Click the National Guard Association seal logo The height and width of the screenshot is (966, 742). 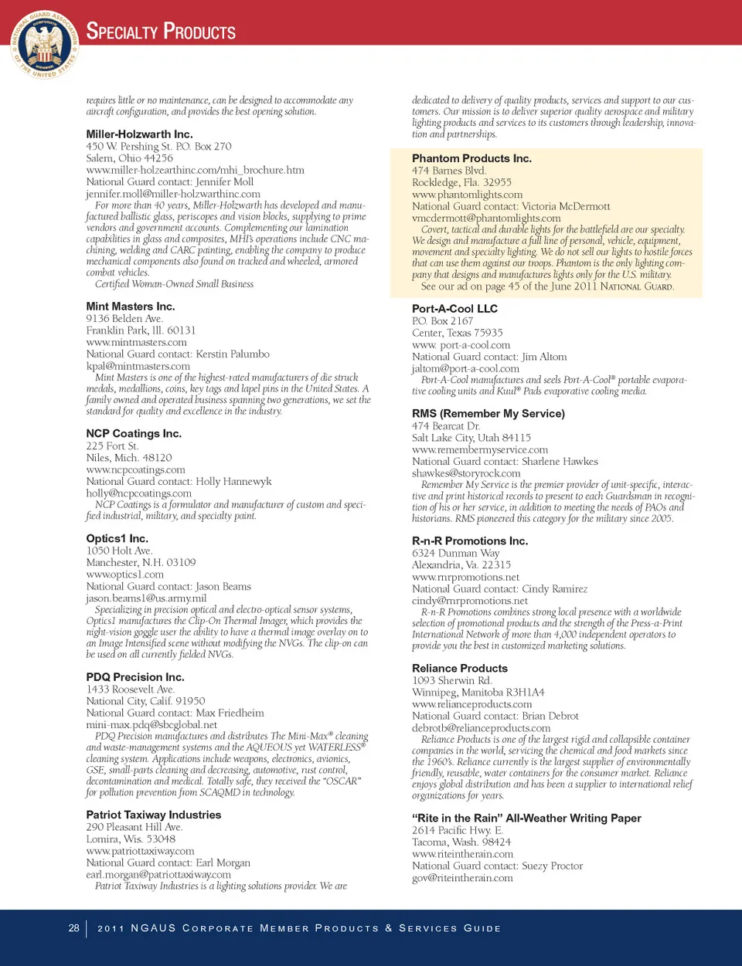tap(44, 44)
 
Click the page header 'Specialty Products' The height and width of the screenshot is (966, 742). tap(161, 32)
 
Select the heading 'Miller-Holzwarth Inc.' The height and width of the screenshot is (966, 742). tap(139, 134)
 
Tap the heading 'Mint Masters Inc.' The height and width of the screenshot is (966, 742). tap(131, 307)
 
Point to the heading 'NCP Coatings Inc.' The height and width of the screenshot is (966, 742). tap(134, 434)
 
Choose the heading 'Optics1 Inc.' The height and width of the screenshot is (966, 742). tap(117, 539)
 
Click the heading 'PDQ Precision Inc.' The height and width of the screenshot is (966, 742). tap(135, 677)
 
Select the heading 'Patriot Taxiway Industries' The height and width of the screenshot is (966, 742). tap(153, 815)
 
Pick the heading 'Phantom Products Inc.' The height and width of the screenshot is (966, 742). tap(471, 158)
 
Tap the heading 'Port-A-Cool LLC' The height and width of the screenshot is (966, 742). tap(454, 309)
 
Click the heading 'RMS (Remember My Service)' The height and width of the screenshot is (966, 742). tap(488, 414)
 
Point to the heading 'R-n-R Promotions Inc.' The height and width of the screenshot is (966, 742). tap(470, 541)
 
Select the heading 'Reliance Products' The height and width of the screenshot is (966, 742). tap(460, 669)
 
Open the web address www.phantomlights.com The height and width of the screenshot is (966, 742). tap(467, 195)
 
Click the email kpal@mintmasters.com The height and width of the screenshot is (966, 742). tap(138, 366)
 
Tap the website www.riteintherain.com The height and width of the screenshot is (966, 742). tap(462, 854)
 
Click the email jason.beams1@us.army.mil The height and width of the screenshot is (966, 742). tap(146, 598)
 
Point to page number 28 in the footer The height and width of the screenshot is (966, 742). tap(73, 927)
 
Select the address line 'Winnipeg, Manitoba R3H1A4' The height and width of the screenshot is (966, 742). tap(478, 693)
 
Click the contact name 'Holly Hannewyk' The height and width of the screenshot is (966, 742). tap(233, 481)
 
